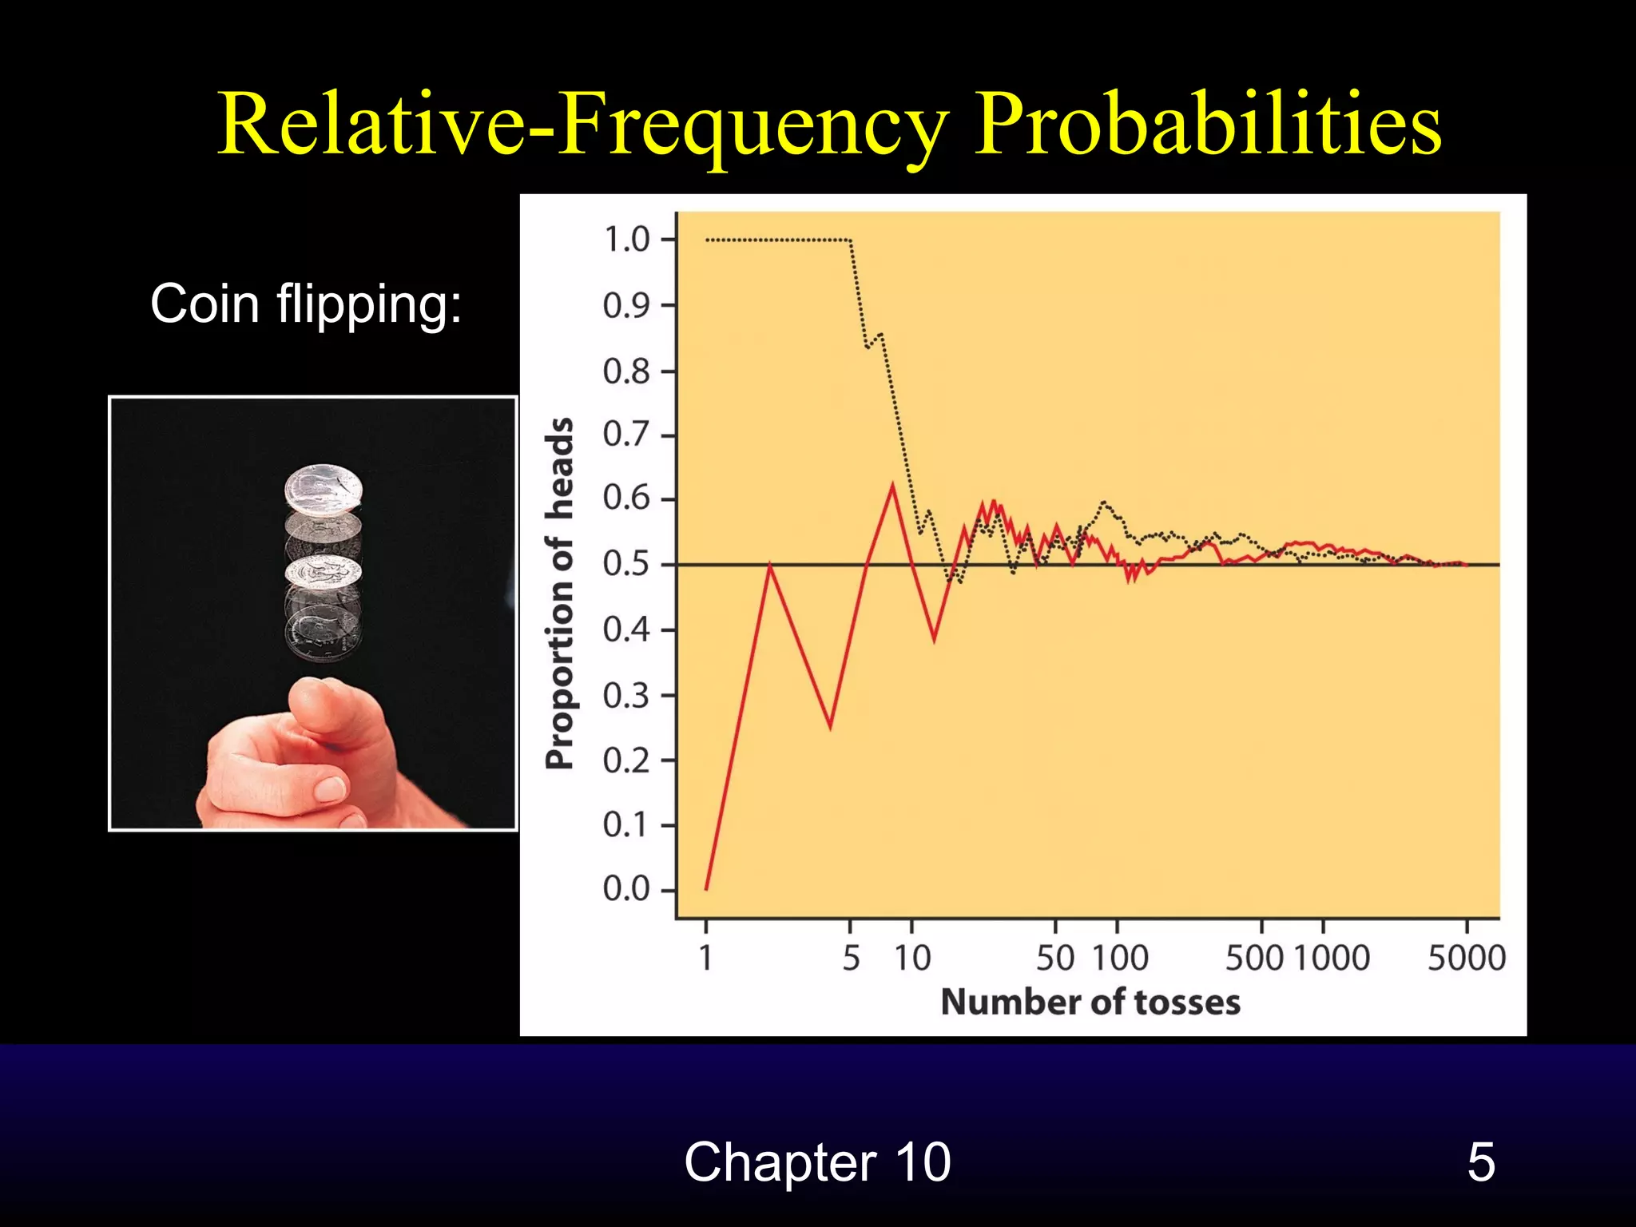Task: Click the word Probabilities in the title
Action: pos(1208,124)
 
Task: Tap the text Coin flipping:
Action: pos(306,304)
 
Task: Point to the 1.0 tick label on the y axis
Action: pos(626,240)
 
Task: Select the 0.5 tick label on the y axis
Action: pos(626,564)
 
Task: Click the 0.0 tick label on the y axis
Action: pos(626,888)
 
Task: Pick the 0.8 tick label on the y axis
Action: pos(626,371)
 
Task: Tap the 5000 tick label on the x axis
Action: pos(1466,958)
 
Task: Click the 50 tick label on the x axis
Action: pos(1054,958)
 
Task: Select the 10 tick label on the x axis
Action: pos(911,958)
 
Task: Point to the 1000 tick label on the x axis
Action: pos(1331,958)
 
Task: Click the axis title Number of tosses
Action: pos(1090,1002)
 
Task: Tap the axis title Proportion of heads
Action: pos(560,593)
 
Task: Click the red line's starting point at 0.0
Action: pos(706,888)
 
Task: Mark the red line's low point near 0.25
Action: pos(830,727)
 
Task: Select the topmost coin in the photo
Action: pos(324,490)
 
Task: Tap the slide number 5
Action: pos(1480,1161)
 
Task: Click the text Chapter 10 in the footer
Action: pos(817,1161)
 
